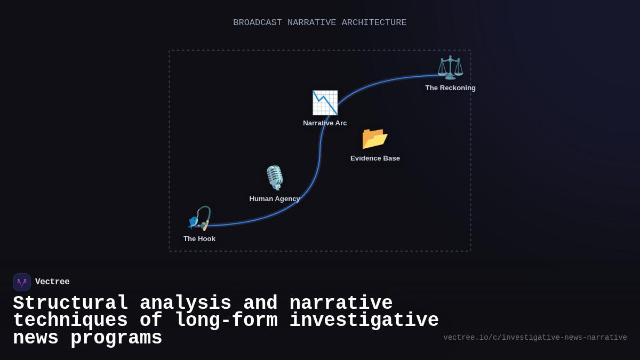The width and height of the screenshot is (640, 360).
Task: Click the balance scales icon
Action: [x=450, y=68]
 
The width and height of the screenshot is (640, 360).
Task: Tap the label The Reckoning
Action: [x=450, y=88]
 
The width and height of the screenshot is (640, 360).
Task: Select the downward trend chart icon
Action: [x=325, y=102]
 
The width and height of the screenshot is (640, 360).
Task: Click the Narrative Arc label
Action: [x=325, y=123]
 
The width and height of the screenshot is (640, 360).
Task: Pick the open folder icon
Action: [x=375, y=138]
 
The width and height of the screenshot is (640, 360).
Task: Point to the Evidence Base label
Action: [x=375, y=158]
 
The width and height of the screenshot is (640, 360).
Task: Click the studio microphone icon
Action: [x=275, y=178]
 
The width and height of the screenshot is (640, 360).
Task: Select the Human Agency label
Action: [x=275, y=199]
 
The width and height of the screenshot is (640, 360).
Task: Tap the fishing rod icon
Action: [x=199, y=218]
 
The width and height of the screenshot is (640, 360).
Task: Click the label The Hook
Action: [x=199, y=239]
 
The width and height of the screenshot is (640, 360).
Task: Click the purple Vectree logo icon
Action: [x=22, y=282]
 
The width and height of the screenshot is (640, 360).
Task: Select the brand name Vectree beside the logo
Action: [x=52, y=282]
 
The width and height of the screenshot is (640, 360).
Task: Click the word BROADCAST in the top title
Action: [x=258, y=22]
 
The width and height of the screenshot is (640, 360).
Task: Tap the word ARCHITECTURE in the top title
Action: [x=374, y=22]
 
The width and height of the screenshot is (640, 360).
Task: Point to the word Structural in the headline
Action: [x=70, y=303]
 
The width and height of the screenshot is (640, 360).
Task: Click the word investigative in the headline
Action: [x=364, y=321]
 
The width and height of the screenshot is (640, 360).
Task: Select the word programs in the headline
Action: [x=116, y=338]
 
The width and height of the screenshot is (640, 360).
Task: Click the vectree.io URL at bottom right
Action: [x=535, y=338]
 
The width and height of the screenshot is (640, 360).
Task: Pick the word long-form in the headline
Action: [x=226, y=321]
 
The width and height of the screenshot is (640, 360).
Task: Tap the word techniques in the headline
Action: [x=70, y=321]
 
